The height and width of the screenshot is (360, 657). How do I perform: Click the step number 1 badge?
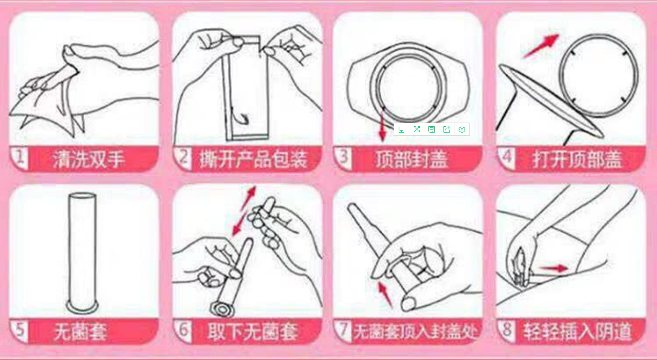(x=19, y=158)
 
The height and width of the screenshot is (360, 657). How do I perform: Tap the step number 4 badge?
(x=506, y=158)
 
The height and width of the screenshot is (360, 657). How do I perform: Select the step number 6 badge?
(x=183, y=331)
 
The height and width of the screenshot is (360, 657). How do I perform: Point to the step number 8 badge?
(x=507, y=331)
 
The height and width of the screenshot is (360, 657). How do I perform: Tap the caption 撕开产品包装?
(x=253, y=159)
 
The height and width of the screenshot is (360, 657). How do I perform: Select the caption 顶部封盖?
(x=412, y=159)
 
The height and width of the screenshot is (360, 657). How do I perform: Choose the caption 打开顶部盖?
(x=577, y=159)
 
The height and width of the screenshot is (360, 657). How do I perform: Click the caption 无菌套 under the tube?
(x=81, y=332)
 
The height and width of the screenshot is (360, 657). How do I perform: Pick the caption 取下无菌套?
(x=253, y=332)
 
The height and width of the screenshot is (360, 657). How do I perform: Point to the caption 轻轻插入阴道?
(x=577, y=332)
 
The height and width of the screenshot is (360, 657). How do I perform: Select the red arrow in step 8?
(x=554, y=268)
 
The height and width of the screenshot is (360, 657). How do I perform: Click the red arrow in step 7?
(x=385, y=294)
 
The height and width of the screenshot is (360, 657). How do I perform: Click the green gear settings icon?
(x=462, y=129)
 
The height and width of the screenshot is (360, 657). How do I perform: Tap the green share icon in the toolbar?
(x=446, y=129)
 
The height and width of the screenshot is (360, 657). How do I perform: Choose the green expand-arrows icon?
(x=417, y=129)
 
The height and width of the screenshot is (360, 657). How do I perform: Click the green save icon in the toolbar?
(x=432, y=129)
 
